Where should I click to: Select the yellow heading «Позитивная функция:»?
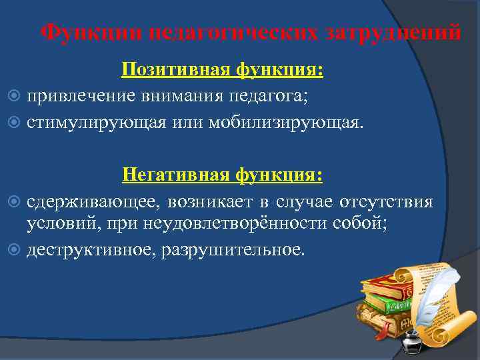click(x=222, y=71)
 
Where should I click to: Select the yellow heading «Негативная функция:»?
click(x=222, y=175)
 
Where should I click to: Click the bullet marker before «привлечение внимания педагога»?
click(x=16, y=98)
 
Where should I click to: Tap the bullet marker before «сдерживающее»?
click(x=16, y=202)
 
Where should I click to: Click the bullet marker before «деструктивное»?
click(x=16, y=249)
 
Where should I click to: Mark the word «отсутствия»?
click(x=386, y=202)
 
